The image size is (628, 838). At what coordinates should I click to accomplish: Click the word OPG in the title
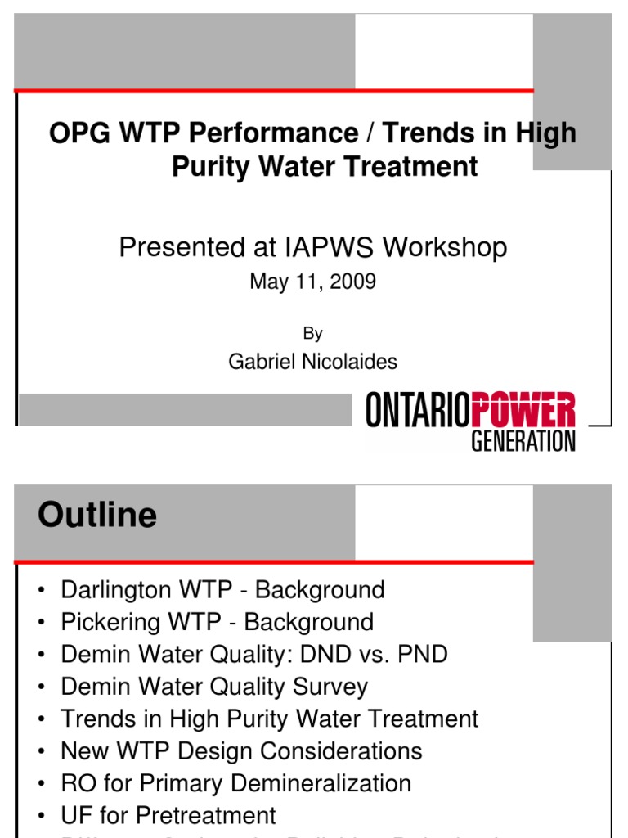pyautogui.click(x=78, y=133)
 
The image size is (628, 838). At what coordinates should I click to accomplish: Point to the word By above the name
pyautogui.click(x=313, y=333)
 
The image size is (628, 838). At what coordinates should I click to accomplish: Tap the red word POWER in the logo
pyautogui.click(x=523, y=410)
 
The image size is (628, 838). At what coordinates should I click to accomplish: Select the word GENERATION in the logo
pyautogui.click(x=523, y=441)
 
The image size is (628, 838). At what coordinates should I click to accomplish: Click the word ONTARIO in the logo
pyautogui.click(x=418, y=410)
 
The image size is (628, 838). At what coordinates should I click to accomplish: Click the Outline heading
pyautogui.click(x=97, y=516)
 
